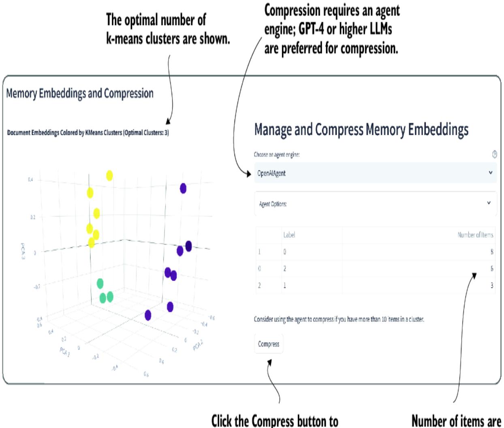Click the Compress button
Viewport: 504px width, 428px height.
coord(269,344)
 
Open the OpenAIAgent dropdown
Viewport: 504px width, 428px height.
coord(375,173)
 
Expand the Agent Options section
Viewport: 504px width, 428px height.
coord(375,204)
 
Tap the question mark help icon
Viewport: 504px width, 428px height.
coord(494,154)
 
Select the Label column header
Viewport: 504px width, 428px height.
coord(289,235)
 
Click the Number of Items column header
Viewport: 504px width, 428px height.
coord(475,235)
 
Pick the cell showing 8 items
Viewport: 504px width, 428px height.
coord(492,252)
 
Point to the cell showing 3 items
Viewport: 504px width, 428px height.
coord(492,285)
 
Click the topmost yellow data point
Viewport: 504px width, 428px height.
coord(109,175)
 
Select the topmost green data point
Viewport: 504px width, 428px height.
coord(100,283)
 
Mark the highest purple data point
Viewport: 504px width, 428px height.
coord(183,188)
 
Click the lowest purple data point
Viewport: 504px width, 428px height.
coord(148,315)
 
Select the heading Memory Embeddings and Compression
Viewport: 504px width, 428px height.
coord(80,94)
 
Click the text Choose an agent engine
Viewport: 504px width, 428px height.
coord(277,154)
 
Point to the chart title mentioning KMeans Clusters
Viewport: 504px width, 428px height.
coord(88,132)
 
